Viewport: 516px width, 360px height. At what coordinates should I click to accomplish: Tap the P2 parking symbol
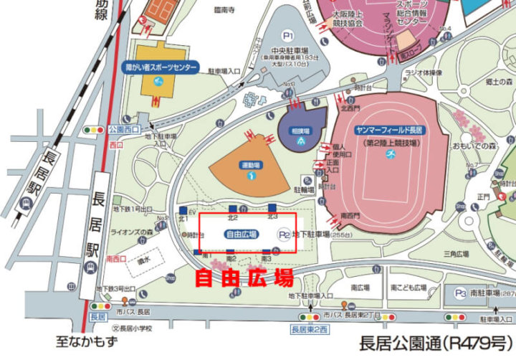(x=284, y=234)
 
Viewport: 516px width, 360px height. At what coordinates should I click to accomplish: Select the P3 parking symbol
(x=460, y=293)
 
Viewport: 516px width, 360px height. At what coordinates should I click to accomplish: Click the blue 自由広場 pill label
(x=242, y=234)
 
